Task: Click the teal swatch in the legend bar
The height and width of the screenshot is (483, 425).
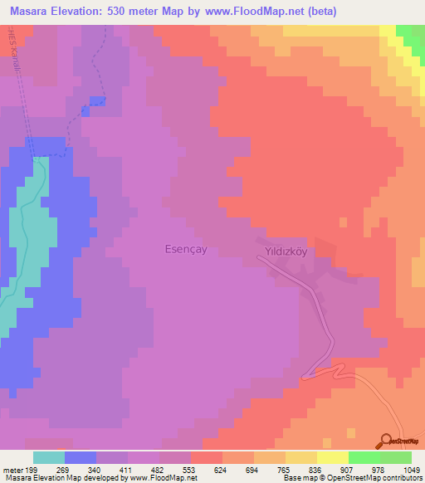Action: [x=49, y=457]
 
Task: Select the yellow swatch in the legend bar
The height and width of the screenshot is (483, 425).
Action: [x=332, y=457]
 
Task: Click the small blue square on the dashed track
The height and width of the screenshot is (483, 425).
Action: [x=97, y=101]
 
